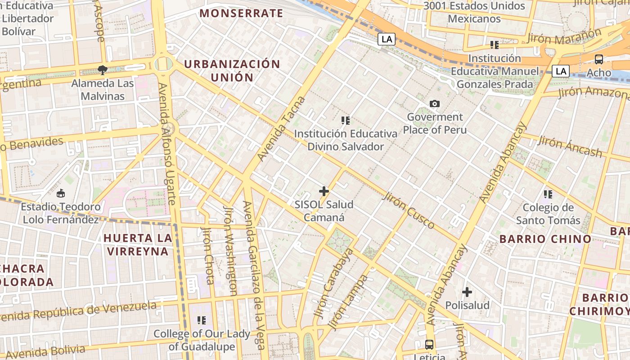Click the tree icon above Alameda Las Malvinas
point(103,70)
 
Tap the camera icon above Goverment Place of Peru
point(434,104)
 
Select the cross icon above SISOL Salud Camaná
point(324,191)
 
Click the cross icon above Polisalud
point(467,292)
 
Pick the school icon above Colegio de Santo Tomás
point(548,194)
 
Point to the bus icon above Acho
point(599,59)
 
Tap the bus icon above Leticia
point(429,345)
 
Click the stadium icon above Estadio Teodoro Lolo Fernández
point(61,193)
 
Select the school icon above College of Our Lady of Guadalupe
point(202,320)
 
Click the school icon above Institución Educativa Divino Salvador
point(346,121)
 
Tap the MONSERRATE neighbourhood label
point(241,13)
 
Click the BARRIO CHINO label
point(545,239)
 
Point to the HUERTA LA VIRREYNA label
point(138,244)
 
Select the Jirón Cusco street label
point(409,211)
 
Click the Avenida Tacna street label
point(281,129)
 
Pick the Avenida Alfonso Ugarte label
point(166,144)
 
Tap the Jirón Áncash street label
point(570,147)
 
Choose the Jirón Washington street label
point(230,251)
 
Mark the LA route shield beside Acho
point(561,71)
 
